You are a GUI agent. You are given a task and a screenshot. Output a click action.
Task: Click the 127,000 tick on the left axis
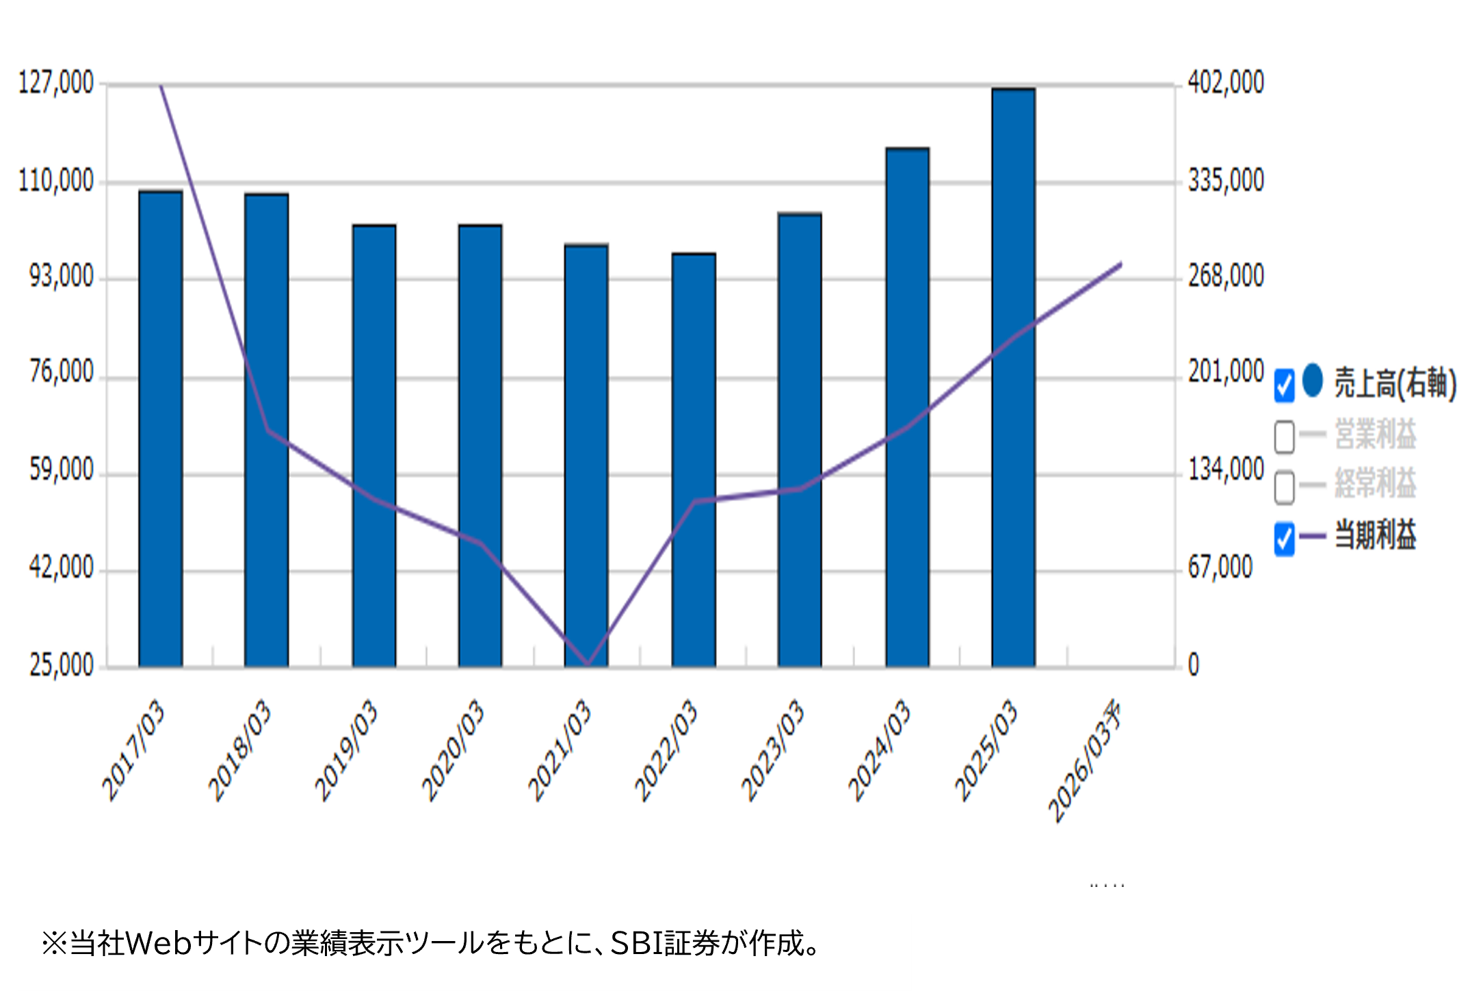point(56,83)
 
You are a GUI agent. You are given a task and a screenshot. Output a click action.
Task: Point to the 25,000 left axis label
point(62,665)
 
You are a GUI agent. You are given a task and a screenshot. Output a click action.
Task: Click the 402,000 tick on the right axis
point(1226,83)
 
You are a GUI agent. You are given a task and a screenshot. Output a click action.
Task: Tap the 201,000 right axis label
point(1226,372)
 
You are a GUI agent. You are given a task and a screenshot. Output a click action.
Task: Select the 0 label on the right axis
point(1194,665)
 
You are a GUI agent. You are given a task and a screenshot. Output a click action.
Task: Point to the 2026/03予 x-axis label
point(1086,760)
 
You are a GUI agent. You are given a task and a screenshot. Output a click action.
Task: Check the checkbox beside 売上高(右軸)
point(1284,385)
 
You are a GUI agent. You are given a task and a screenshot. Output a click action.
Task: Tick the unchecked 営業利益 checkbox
point(1284,436)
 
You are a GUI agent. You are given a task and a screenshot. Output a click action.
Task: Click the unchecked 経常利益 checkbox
point(1284,487)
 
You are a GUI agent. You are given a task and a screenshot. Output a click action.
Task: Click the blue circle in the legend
point(1313,381)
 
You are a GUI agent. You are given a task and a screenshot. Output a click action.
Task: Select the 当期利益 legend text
point(1375,535)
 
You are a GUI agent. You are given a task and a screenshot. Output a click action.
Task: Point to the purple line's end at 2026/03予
point(1120,263)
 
